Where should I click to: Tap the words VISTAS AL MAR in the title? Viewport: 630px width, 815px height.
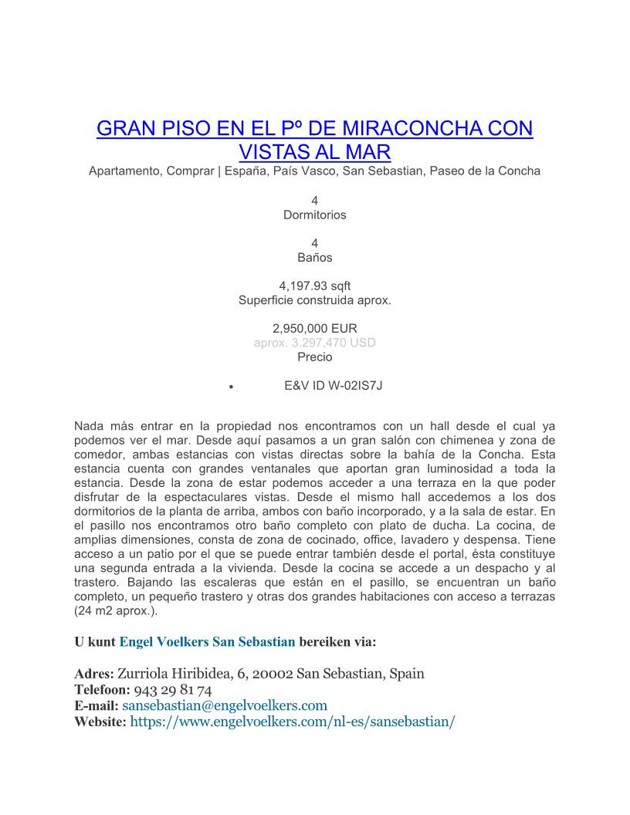tap(315, 151)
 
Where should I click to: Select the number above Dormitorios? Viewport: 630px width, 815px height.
tap(315, 201)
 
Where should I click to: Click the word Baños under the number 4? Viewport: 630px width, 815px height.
tap(315, 257)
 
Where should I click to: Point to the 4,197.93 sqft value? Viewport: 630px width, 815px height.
tap(315, 286)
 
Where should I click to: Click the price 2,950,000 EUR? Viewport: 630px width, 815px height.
tap(315, 328)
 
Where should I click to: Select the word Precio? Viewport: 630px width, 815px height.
tap(315, 357)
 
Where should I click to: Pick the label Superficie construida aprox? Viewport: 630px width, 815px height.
tap(315, 300)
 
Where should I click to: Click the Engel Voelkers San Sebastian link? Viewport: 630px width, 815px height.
tap(207, 641)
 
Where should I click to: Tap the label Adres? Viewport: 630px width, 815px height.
tap(93, 674)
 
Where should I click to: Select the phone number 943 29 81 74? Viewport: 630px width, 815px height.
tap(173, 690)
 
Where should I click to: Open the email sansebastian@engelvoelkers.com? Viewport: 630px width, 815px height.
tap(225, 705)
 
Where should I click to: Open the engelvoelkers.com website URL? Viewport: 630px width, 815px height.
tap(293, 722)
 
